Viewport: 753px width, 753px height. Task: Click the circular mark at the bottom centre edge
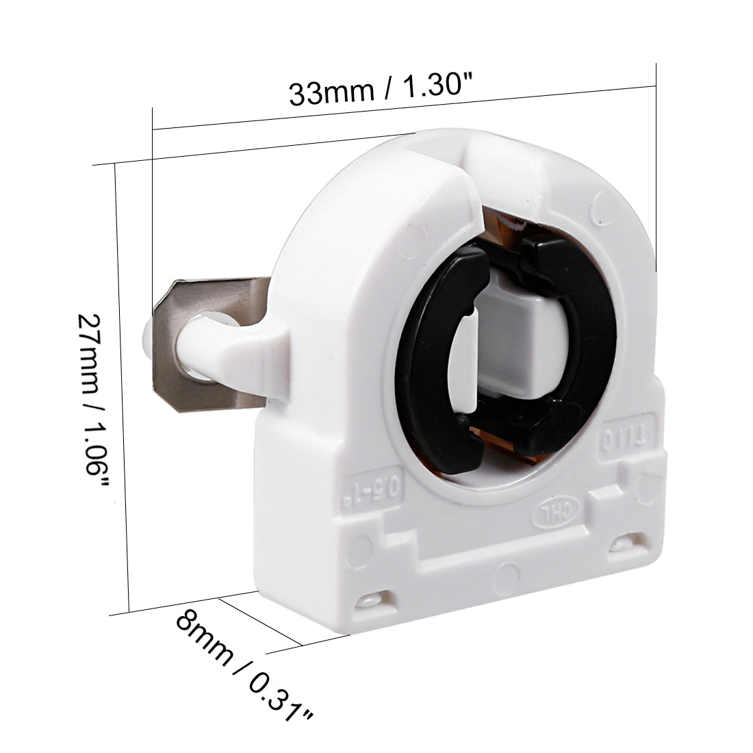507,571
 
